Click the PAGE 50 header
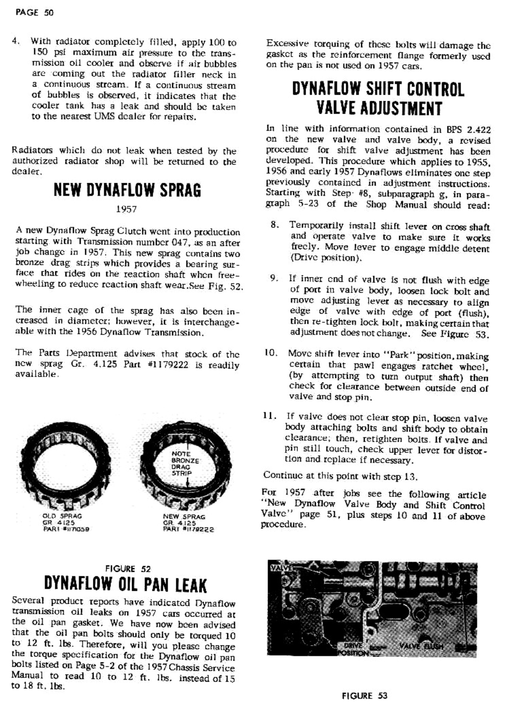click(x=34, y=13)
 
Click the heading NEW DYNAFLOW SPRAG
click(x=127, y=190)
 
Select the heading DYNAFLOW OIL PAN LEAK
click(x=125, y=585)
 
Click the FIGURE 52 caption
click(x=128, y=568)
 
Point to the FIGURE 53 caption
click(x=365, y=695)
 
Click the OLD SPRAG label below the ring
click(x=62, y=516)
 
